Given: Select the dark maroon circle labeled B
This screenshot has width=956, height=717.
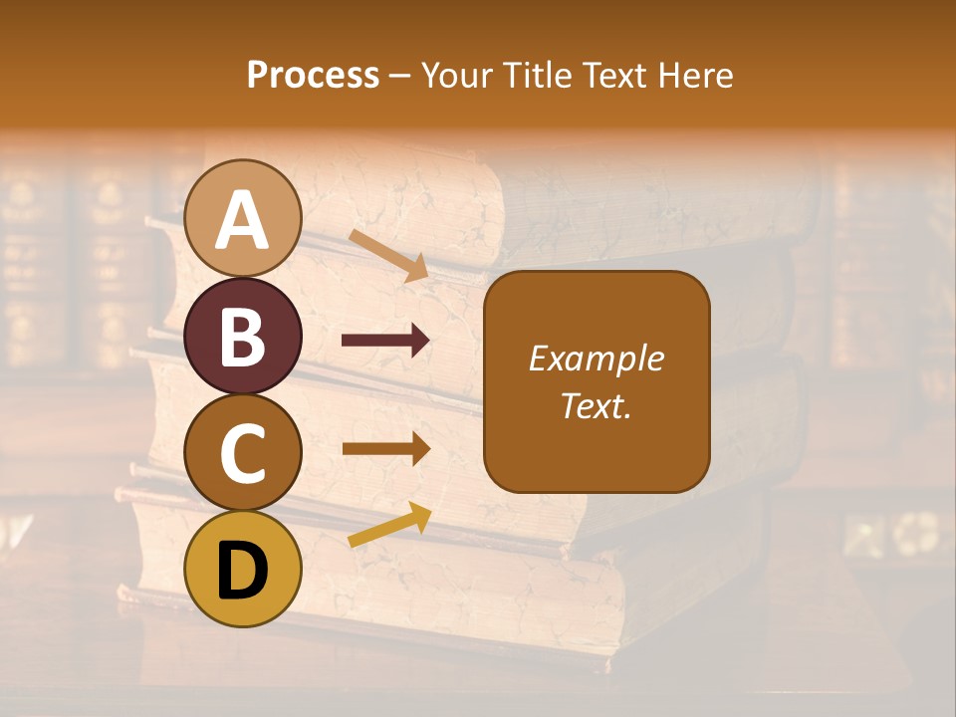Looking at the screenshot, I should (243, 337).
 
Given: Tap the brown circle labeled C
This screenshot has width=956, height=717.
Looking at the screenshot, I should (243, 453).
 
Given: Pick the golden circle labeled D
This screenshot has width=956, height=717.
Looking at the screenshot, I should (243, 569).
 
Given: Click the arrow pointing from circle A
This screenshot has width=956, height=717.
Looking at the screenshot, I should (388, 255).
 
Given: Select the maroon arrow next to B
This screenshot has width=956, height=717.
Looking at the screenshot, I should (385, 341).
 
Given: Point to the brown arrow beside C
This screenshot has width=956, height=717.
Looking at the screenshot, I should (385, 448).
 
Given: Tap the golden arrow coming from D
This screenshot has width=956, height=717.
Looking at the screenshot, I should (389, 525).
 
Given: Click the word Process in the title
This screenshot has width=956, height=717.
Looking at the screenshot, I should (313, 76).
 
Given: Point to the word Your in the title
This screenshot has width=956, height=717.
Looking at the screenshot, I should (458, 76).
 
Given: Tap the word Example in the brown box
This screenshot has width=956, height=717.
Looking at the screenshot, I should (597, 358).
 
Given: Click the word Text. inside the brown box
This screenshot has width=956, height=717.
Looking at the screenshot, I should (597, 405).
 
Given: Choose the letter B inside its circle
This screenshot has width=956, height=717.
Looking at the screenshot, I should (243, 337).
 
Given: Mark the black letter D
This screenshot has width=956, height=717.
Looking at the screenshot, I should (243, 571).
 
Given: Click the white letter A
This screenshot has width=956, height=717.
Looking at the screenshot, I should (243, 220).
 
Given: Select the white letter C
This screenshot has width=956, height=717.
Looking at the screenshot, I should (243, 453).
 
